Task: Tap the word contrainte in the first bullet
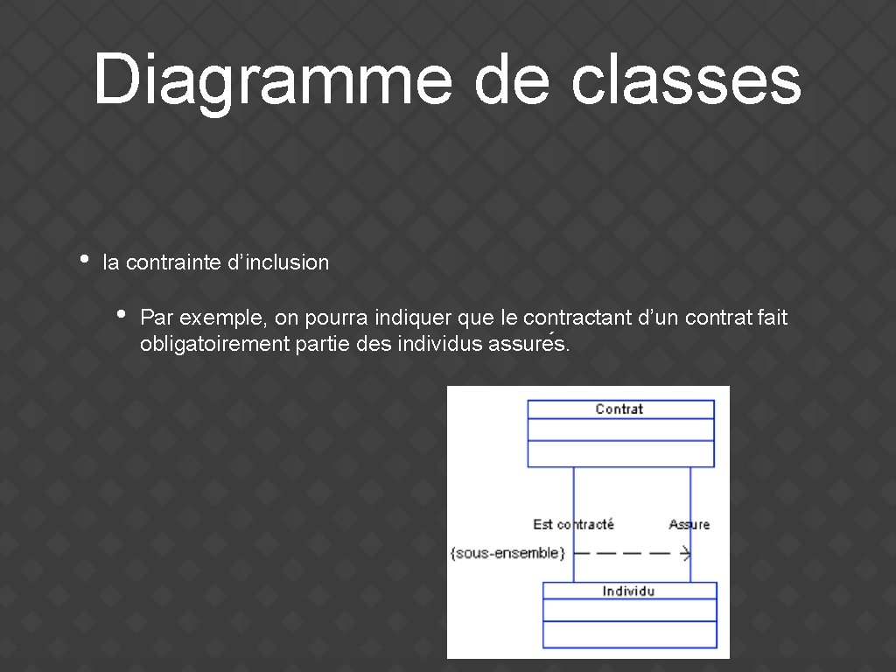pyautogui.click(x=173, y=262)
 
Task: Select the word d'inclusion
pyautogui.click(x=278, y=262)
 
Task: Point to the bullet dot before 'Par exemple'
pyautogui.click(x=122, y=313)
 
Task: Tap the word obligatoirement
pyautogui.click(x=214, y=344)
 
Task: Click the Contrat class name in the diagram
pyautogui.click(x=619, y=409)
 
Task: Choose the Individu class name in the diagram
pyautogui.click(x=628, y=591)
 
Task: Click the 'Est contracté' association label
pyautogui.click(x=573, y=524)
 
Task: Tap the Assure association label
pyautogui.click(x=689, y=524)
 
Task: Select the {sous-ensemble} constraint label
pyautogui.click(x=507, y=553)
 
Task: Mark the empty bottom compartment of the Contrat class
pyautogui.click(x=620, y=453)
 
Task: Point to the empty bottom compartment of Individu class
pyautogui.click(x=629, y=634)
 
